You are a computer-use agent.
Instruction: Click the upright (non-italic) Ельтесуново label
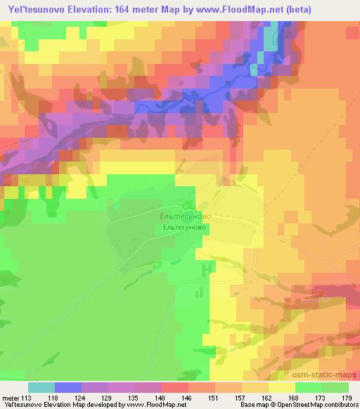pyautogui.click(x=184, y=228)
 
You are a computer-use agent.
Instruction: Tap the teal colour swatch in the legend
pyautogui.click(x=41, y=387)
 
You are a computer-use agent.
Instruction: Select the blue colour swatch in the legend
pyautogui.click(x=67, y=387)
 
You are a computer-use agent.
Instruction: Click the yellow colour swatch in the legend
pyautogui.click(x=281, y=387)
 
